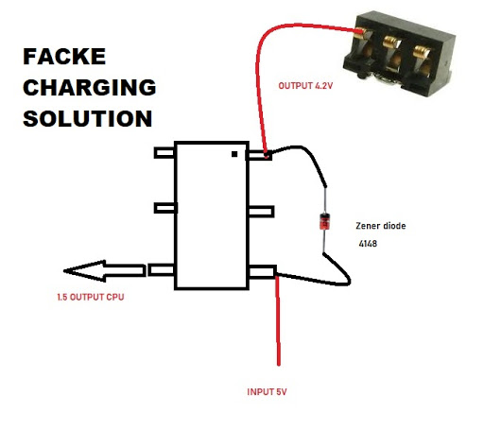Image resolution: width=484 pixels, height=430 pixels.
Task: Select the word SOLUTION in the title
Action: click(x=87, y=120)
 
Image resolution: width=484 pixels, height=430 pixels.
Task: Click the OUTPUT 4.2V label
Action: click(x=307, y=87)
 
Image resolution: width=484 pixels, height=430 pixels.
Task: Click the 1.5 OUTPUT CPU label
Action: click(x=90, y=299)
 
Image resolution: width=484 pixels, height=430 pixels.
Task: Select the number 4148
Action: click(x=369, y=245)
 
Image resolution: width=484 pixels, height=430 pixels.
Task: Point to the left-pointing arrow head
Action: click(x=81, y=271)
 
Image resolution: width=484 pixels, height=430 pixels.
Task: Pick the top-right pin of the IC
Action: click(x=259, y=152)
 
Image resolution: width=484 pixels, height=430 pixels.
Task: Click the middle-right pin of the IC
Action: click(x=259, y=209)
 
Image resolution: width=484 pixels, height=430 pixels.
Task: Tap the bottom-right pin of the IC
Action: click(x=260, y=272)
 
